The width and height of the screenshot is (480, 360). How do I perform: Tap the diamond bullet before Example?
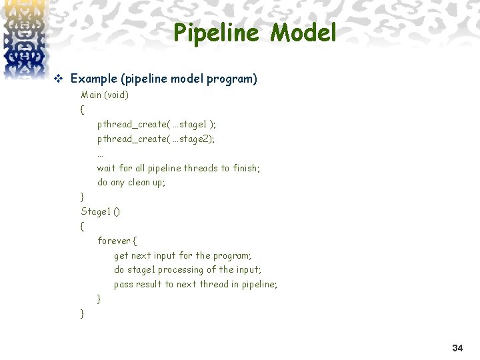[x=57, y=79]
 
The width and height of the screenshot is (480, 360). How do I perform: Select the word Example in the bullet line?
[x=93, y=79]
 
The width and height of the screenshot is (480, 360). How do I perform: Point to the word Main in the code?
[x=91, y=95]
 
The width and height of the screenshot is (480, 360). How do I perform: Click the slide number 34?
[x=457, y=348]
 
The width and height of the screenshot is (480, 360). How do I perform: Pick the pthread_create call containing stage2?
[x=156, y=139]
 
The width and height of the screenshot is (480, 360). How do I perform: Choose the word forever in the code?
[x=114, y=241]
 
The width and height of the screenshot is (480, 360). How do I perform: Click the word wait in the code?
[x=107, y=168]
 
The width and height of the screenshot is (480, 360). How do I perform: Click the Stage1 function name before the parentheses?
[x=95, y=211]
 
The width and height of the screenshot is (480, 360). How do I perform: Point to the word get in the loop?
[x=121, y=255]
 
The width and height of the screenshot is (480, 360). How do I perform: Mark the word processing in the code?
[x=181, y=269]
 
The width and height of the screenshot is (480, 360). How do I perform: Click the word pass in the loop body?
[x=123, y=284]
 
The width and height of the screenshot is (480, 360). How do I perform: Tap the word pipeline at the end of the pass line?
[x=259, y=284]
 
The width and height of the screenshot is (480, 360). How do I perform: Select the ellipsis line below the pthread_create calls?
[x=100, y=153]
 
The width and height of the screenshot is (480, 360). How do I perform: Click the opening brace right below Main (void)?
[x=82, y=109]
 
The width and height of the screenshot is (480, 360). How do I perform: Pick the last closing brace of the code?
[x=82, y=313]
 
